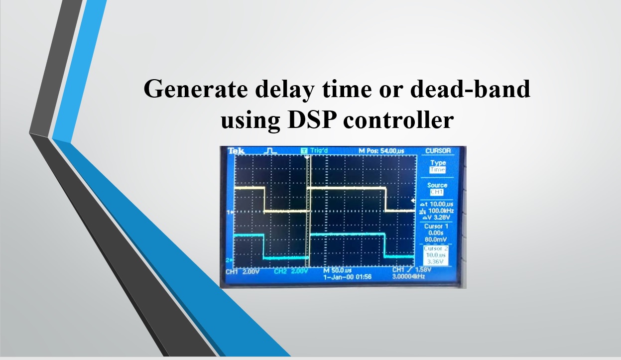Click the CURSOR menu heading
(438, 151)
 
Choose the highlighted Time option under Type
(438, 170)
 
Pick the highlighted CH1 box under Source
(437, 192)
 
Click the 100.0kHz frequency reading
(440, 211)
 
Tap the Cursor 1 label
(436, 227)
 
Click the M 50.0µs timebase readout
(338, 270)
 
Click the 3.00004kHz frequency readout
(409, 276)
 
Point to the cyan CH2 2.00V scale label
(291, 271)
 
